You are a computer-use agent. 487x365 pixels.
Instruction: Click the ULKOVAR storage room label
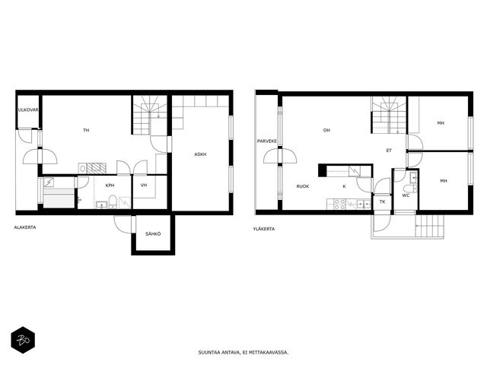28,109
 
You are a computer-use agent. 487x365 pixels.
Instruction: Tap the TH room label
86,130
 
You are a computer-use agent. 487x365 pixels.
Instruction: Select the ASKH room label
200,154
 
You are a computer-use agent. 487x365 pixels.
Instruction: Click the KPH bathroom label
110,186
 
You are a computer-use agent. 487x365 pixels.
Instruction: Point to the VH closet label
144,186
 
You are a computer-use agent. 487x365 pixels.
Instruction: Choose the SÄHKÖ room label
153,233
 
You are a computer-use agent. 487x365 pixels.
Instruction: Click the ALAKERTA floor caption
25,227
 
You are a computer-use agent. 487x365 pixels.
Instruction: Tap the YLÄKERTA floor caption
264,229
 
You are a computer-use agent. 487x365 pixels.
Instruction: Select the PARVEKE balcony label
267,141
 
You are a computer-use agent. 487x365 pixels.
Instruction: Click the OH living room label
326,130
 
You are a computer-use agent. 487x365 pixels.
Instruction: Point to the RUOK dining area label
303,186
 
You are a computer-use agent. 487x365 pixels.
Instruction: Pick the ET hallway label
389,151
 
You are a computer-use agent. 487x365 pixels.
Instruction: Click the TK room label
382,202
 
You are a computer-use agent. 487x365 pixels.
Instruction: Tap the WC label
406,195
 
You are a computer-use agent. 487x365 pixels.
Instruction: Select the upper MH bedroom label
441,123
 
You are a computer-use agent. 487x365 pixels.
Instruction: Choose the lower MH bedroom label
444,181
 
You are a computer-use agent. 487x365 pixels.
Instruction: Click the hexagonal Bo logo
23,340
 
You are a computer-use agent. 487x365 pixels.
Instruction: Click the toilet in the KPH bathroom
113,201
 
